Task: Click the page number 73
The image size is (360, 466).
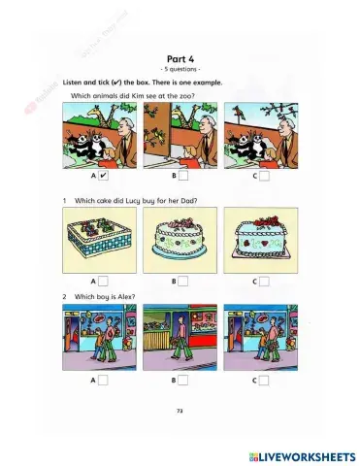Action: click(180, 411)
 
